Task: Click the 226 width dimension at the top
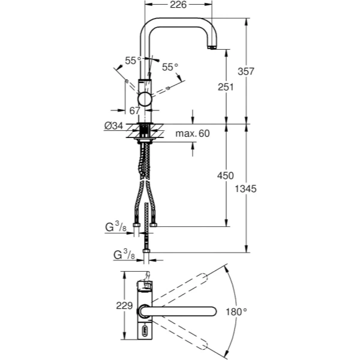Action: click(179, 5)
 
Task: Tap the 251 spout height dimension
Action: click(226, 87)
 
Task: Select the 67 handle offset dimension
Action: click(134, 110)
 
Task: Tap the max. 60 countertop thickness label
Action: click(193, 133)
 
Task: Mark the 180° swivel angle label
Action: click(236, 312)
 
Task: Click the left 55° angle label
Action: click(132, 60)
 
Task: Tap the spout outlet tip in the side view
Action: click(211, 47)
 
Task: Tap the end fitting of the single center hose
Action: click(145, 252)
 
